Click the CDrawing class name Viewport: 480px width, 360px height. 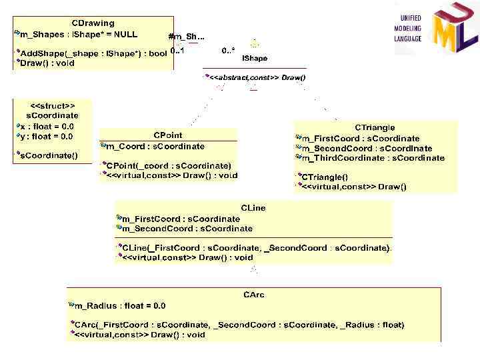(x=93, y=23)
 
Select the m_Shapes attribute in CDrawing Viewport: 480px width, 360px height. (x=78, y=34)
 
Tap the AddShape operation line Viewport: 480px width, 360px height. (x=93, y=53)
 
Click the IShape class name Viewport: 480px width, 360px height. (x=255, y=58)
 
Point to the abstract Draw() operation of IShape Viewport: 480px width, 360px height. (x=257, y=78)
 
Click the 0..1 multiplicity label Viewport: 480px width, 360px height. (x=177, y=50)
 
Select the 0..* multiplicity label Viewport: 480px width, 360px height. (x=228, y=50)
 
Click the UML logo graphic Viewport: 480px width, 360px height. (x=453, y=30)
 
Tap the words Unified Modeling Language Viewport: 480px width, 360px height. (x=410, y=29)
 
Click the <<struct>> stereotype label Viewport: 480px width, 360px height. (x=53, y=105)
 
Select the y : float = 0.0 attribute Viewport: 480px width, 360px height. (x=47, y=137)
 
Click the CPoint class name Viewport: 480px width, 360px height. (x=168, y=135)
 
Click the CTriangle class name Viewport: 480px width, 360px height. (x=375, y=127)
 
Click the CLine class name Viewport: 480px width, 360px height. (x=253, y=208)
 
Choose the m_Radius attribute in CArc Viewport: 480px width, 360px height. (x=120, y=306)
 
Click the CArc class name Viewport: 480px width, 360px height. (x=254, y=295)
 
